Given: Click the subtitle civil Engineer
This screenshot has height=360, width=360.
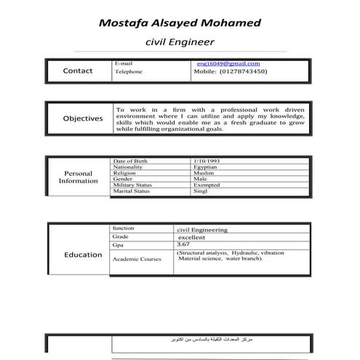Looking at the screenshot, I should click(x=180, y=43).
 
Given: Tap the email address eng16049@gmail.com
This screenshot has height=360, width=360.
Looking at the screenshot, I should click(x=228, y=64).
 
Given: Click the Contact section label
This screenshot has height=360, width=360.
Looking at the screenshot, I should click(x=78, y=71).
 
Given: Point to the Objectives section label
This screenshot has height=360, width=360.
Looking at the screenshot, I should click(x=82, y=118).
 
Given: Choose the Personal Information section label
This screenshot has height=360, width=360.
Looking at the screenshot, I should click(x=79, y=177).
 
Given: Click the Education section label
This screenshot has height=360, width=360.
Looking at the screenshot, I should click(x=82, y=255).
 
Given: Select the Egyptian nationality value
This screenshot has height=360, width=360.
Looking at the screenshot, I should click(x=207, y=167).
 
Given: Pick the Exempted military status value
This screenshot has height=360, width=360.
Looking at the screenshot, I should click(x=207, y=185).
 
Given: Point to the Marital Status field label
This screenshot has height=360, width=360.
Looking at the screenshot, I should click(x=132, y=191).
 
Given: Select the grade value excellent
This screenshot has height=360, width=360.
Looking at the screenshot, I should click(x=192, y=237).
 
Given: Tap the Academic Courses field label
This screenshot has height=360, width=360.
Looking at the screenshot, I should click(x=137, y=259).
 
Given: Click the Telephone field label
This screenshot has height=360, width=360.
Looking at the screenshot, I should click(x=129, y=72).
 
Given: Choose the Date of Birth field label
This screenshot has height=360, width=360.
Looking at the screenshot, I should click(x=130, y=161).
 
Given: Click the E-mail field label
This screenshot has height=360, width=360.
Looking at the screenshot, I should click(x=124, y=64).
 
